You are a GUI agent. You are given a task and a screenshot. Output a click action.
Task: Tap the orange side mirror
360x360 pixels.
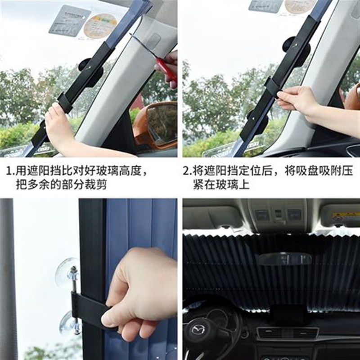click(156, 125)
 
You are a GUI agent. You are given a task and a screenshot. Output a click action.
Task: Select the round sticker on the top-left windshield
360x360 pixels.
click(100, 25)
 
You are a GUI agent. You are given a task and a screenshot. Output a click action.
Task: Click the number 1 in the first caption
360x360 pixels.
click(9, 171)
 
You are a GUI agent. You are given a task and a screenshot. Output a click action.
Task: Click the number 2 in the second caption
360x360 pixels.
click(185, 171)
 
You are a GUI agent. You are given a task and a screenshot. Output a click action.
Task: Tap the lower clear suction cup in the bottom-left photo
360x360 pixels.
click(70, 323)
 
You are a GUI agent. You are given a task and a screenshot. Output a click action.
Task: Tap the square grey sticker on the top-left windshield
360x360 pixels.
click(69, 20)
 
